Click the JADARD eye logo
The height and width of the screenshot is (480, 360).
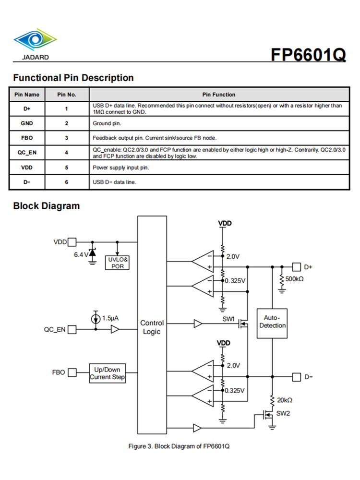click(35, 40)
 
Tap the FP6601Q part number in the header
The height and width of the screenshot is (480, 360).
click(308, 54)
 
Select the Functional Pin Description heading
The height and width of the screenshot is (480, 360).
click(73, 78)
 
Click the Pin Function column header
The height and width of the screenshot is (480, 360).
click(219, 95)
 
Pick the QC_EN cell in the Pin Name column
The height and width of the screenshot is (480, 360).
click(27, 153)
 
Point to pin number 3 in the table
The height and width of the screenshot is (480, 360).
click(66, 138)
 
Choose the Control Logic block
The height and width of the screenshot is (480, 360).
click(152, 327)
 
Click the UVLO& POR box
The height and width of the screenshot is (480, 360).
click(117, 262)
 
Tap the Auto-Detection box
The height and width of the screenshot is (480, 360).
click(272, 322)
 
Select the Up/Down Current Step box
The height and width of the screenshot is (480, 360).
click(108, 373)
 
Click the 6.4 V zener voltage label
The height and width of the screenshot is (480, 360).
click(81, 255)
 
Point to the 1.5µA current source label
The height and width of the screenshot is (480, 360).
click(110, 319)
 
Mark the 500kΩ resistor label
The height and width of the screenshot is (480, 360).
click(295, 279)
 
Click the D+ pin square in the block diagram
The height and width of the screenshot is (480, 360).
click(296, 266)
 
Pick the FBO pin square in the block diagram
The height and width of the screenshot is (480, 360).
click(72, 372)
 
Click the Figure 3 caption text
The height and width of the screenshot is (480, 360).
click(179, 446)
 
